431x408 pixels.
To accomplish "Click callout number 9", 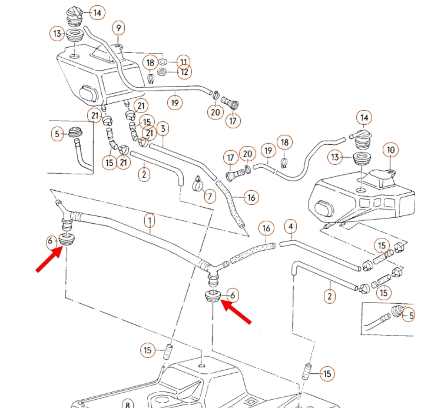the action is click(118, 28).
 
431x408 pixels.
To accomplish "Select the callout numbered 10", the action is click(390, 150).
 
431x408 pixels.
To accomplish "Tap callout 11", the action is click(184, 62).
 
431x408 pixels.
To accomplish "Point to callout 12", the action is click(184, 72).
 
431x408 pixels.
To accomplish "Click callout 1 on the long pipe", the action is click(150, 221).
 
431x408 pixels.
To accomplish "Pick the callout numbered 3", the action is click(163, 129).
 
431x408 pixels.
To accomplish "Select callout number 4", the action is click(291, 227).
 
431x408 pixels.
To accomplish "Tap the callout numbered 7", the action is click(210, 196).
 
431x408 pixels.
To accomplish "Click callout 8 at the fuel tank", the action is click(128, 404).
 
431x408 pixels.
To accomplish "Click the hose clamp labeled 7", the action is click(198, 184).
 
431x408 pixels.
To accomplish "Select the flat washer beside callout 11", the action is click(163, 61).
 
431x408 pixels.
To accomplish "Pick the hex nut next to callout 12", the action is click(162, 72).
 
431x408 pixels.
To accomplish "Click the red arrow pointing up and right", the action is click(49, 258).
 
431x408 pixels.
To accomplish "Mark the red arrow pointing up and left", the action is click(236, 312).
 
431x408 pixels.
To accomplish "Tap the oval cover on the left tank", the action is click(88, 94).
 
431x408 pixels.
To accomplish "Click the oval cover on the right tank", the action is click(324, 209).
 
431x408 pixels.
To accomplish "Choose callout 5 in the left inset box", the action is click(57, 134).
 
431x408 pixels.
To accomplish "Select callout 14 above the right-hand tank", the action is click(364, 118).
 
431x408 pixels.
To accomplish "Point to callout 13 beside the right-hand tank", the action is click(335, 157).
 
